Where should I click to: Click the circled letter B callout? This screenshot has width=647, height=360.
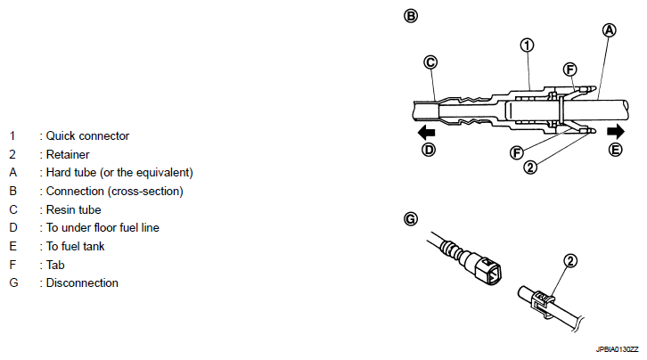tap(411, 16)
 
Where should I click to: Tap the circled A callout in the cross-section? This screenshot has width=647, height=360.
tap(609, 30)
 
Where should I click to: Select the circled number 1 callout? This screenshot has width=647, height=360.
tap(527, 45)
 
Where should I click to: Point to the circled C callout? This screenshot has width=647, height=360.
tap(430, 62)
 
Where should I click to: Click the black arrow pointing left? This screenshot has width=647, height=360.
tap(426, 133)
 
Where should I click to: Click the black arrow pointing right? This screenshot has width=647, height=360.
tap(616, 132)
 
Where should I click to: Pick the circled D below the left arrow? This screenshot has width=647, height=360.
tap(429, 150)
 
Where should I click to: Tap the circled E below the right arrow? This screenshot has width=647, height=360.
tap(615, 150)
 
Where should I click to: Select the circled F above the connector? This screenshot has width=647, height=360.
tap(569, 70)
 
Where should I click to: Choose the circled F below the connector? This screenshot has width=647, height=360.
tap(517, 152)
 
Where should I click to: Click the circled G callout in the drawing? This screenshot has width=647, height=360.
tap(411, 218)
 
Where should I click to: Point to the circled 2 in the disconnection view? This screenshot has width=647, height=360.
tap(570, 260)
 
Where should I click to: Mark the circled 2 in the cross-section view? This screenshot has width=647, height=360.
tap(530, 167)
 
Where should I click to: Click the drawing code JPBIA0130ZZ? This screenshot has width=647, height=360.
tap(617, 349)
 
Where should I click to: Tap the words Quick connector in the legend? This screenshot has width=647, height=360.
tap(87, 135)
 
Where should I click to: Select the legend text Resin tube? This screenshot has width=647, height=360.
tap(73, 209)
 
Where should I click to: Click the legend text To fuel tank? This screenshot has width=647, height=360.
tap(76, 246)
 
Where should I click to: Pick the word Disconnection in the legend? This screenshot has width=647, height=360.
tap(82, 282)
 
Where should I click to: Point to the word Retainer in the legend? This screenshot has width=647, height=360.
tap(68, 154)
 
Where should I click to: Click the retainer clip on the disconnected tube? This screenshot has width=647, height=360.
tap(543, 304)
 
